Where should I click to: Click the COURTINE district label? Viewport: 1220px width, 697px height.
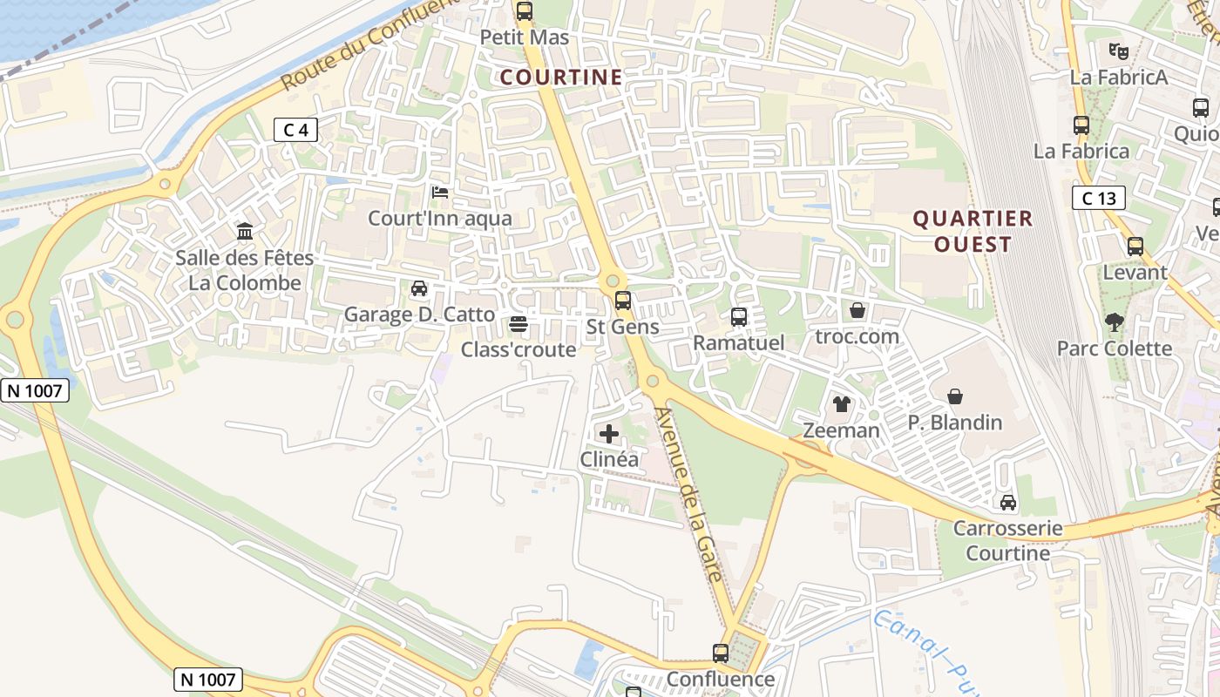pos(561,78)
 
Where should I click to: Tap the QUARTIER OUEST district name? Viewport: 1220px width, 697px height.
pos(973,231)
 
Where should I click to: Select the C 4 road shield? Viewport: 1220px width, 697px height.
pos(295,130)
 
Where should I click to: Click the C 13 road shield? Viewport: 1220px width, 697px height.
pos(1098,198)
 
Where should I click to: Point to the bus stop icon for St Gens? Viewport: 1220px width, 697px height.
pos(622,301)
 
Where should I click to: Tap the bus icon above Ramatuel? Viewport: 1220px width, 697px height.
pos(739,317)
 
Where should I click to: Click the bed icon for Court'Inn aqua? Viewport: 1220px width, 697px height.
pos(440,192)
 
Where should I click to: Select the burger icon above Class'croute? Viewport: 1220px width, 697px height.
pos(518,324)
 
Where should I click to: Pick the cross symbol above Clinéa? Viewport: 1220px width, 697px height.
pos(609,433)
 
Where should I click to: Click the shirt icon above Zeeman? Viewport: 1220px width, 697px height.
pos(841,403)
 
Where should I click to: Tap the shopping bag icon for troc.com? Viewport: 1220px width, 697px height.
pos(857,310)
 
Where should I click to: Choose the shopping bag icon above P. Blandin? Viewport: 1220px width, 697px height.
pos(955,396)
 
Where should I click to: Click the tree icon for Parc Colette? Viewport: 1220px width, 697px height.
pos(1114,322)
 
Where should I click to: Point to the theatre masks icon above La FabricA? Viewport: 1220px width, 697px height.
pos(1119,51)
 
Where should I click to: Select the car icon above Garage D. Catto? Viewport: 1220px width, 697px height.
pos(419,288)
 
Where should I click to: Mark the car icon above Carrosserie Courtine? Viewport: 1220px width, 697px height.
pos(1008,502)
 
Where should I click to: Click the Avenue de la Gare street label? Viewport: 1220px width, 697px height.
pos(688,494)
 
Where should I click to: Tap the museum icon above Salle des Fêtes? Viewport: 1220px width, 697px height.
pos(245,232)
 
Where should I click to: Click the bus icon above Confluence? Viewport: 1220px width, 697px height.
pos(721,653)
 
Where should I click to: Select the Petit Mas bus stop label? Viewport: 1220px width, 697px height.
pos(525,37)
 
